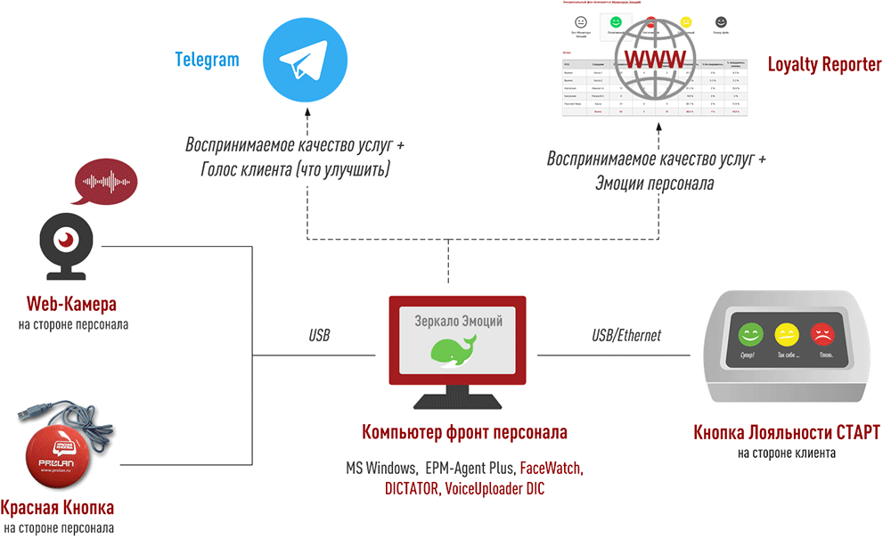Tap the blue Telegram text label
click(x=207, y=60)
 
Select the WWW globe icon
click(x=659, y=59)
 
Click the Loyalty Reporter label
click(x=824, y=65)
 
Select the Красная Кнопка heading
click(x=57, y=509)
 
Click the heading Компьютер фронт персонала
click(x=464, y=434)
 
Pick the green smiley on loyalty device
click(x=752, y=335)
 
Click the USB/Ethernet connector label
click(x=626, y=336)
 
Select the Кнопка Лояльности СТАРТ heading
click(x=787, y=433)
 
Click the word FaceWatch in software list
click(x=550, y=467)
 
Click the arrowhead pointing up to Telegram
click(x=307, y=114)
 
